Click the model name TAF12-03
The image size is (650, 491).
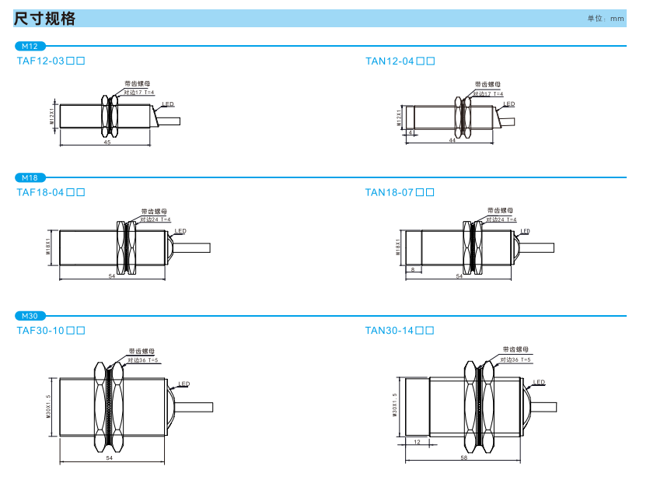51,61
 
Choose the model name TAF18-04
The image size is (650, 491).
51,192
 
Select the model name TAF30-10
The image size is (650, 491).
51,331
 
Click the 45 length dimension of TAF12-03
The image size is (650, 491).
107,142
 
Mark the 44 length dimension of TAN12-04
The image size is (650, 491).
452,140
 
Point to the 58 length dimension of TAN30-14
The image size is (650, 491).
463,458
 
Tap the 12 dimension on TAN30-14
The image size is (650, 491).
417,442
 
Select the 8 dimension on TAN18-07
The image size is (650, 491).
412,269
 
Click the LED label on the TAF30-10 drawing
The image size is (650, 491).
184,384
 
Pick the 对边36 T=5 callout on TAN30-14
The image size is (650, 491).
515,359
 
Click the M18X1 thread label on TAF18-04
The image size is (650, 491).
48,247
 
